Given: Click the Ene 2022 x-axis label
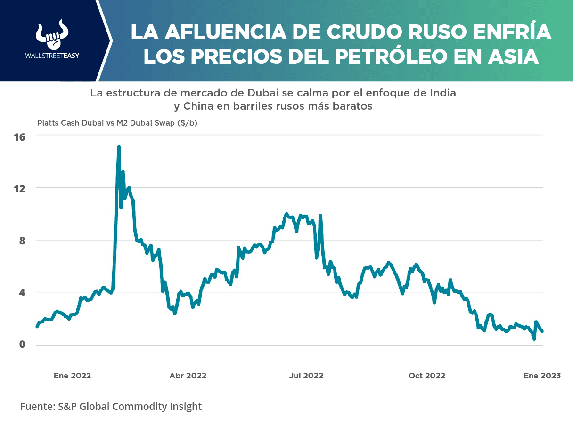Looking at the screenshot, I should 72,376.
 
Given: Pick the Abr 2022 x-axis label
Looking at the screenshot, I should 188,376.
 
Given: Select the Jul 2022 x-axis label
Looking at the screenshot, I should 306,376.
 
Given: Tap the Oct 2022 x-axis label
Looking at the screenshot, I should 426,376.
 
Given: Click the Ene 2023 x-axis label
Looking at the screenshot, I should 542,376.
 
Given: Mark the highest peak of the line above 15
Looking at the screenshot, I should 119,147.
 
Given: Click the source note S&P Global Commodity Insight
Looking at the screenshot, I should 111,406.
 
